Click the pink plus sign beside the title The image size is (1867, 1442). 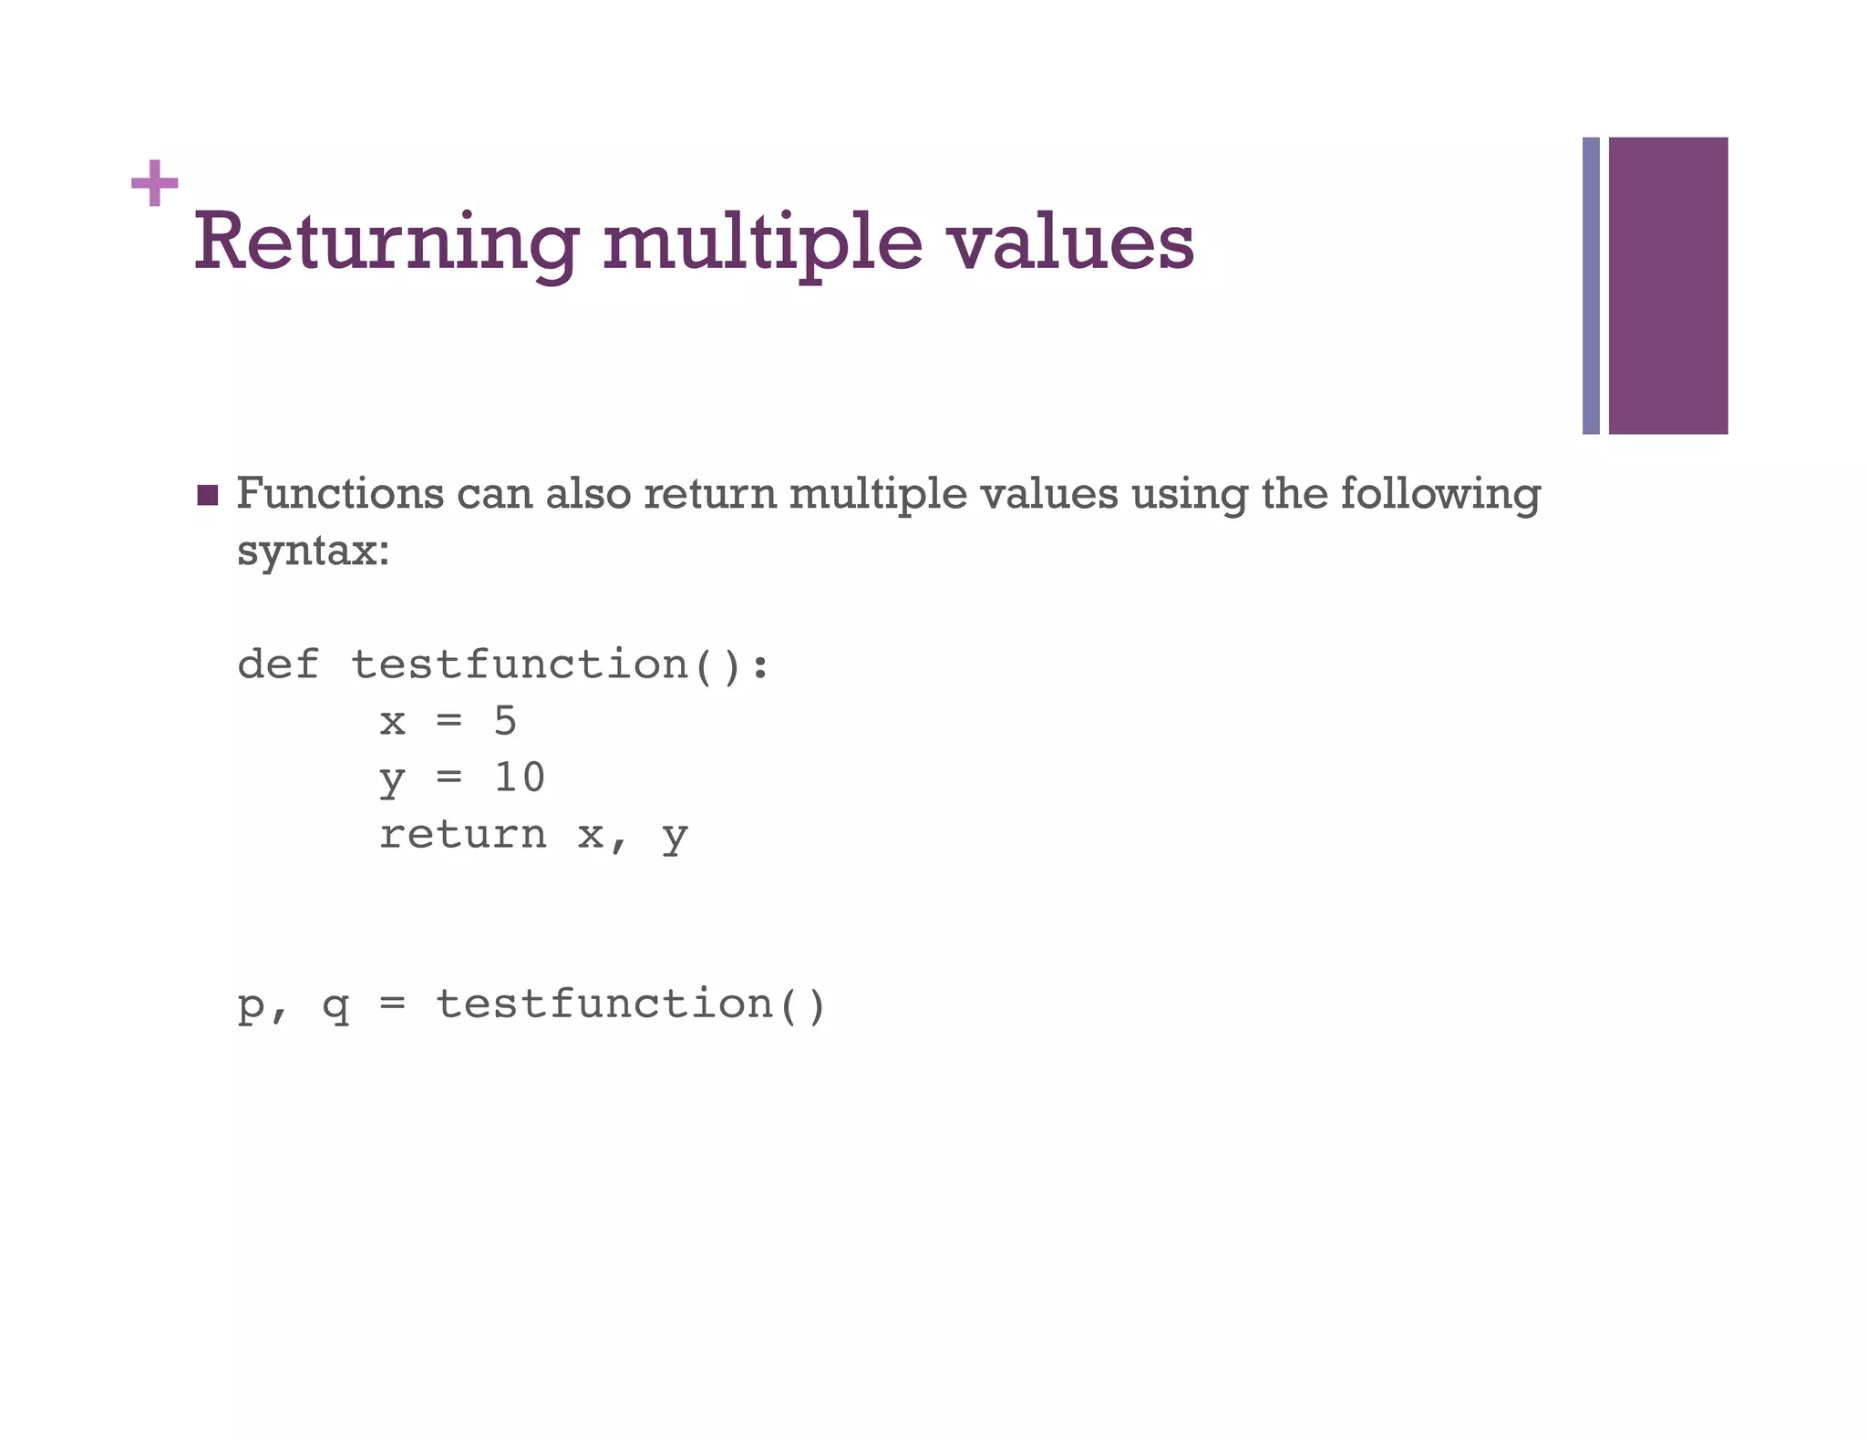point(154,183)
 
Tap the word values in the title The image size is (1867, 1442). point(1070,242)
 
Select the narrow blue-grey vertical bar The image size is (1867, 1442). point(1591,285)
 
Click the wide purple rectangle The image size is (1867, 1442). point(1667,285)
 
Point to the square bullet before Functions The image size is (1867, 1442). point(208,495)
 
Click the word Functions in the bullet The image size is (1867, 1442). point(340,494)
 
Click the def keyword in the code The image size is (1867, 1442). point(278,664)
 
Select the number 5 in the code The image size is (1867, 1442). point(505,721)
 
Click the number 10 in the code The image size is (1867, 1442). point(520,778)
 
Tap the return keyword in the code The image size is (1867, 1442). point(463,834)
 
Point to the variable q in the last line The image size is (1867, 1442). point(335,1006)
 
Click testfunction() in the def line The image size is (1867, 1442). point(560,664)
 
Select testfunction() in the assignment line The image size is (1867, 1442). point(631,1004)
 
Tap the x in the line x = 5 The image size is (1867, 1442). point(392,722)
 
